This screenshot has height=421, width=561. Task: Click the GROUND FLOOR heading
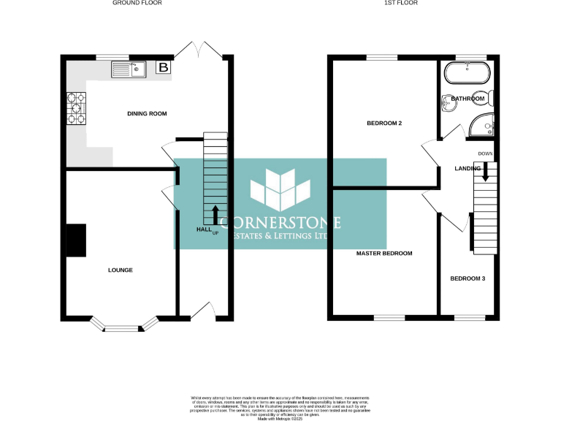click(x=137, y=3)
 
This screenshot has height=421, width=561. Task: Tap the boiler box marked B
click(x=164, y=68)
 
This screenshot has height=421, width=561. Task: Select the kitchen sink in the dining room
click(x=129, y=69)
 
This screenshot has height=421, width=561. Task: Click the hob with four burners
click(x=76, y=107)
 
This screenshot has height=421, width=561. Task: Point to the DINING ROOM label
click(x=148, y=113)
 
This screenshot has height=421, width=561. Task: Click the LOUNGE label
click(x=121, y=270)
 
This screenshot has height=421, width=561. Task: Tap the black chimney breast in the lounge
click(x=76, y=240)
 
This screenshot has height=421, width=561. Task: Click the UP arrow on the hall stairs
click(x=215, y=216)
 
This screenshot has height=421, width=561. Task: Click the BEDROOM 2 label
click(x=384, y=124)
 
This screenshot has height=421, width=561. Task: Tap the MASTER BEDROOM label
click(x=384, y=254)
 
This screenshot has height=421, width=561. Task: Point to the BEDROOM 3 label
click(x=467, y=278)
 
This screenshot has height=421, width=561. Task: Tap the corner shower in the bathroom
click(x=482, y=126)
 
